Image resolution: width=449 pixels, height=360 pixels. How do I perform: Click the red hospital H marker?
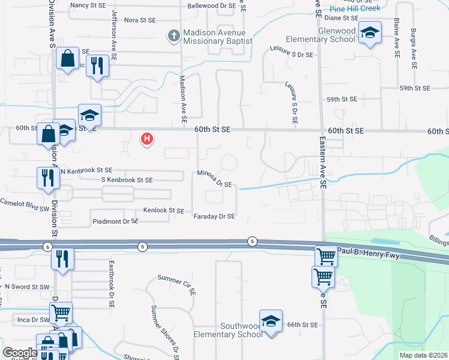146,139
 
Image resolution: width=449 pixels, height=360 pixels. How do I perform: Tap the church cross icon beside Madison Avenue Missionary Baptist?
173,36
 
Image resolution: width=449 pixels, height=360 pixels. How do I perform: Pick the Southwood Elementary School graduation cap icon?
271,320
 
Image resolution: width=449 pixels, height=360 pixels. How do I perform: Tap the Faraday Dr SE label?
214,216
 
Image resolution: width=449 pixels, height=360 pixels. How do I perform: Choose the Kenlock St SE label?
163,211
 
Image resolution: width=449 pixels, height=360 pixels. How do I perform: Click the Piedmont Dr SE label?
116,221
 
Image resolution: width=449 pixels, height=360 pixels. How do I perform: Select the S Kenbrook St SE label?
127,180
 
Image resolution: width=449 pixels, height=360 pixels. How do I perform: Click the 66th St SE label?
301,324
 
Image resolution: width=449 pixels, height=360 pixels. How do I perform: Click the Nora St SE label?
140,20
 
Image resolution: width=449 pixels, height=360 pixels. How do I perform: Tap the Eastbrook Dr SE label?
111,284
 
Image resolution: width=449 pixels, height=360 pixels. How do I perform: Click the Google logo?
20,353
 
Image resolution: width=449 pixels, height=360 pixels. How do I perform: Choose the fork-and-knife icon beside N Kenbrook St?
46,177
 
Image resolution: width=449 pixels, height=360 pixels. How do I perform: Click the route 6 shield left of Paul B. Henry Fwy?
253,241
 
